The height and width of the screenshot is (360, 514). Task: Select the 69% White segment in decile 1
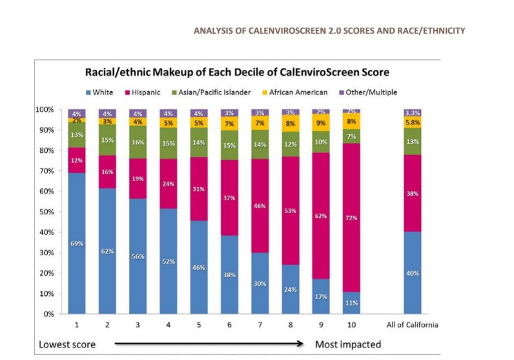77,243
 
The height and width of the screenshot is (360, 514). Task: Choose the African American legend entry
295,92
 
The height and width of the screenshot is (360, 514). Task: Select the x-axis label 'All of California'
412,325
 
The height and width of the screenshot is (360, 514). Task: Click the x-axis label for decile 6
230,325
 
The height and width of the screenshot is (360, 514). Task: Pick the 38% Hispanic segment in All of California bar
412,194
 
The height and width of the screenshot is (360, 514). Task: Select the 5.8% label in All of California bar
412,123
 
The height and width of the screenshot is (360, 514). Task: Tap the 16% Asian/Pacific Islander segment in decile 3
138,142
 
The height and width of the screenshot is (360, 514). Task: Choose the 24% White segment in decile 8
291,289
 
